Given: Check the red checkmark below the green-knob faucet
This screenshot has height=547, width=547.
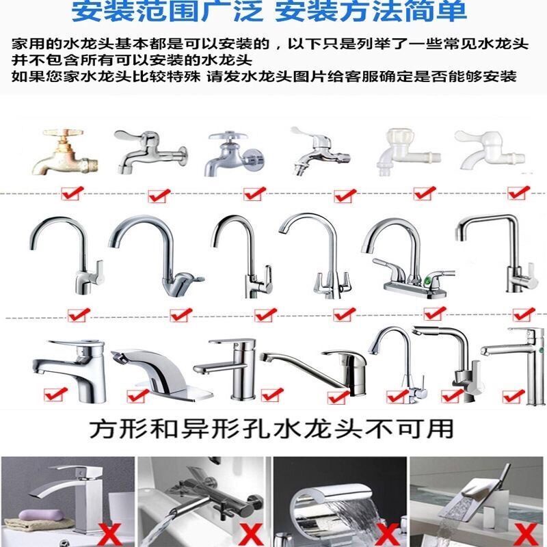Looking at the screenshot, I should click(432, 314).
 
